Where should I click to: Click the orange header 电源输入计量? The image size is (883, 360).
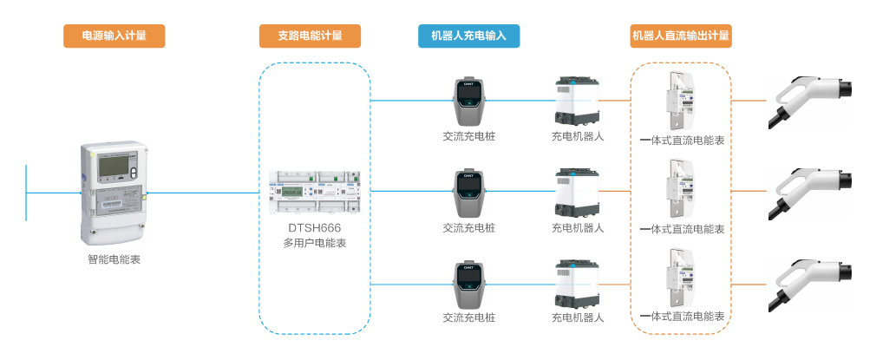pyautogui.click(x=114, y=36)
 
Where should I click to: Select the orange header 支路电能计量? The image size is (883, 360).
pyautogui.click(x=310, y=36)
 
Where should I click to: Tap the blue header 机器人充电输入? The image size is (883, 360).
pyautogui.click(x=468, y=36)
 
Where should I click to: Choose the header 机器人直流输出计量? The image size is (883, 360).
pyautogui.click(x=681, y=36)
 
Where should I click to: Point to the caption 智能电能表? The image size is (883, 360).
pyautogui.click(x=114, y=259)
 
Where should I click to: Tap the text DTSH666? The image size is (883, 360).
pyautogui.click(x=315, y=228)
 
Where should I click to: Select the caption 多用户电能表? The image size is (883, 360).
pyautogui.click(x=315, y=243)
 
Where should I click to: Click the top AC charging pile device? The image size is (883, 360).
pyautogui.click(x=468, y=102)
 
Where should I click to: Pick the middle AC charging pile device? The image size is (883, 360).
pyautogui.click(x=468, y=193)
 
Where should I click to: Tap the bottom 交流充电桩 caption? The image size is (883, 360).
pyautogui.click(x=468, y=317)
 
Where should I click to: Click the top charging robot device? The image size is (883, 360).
pyautogui.click(x=577, y=101)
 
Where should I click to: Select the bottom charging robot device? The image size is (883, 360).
pyautogui.click(x=577, y=283)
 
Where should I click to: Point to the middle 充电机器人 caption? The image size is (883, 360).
pyautogui.click(x=577, y=228)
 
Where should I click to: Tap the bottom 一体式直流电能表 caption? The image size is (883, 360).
pyautogui.click(x=681, y=317)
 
